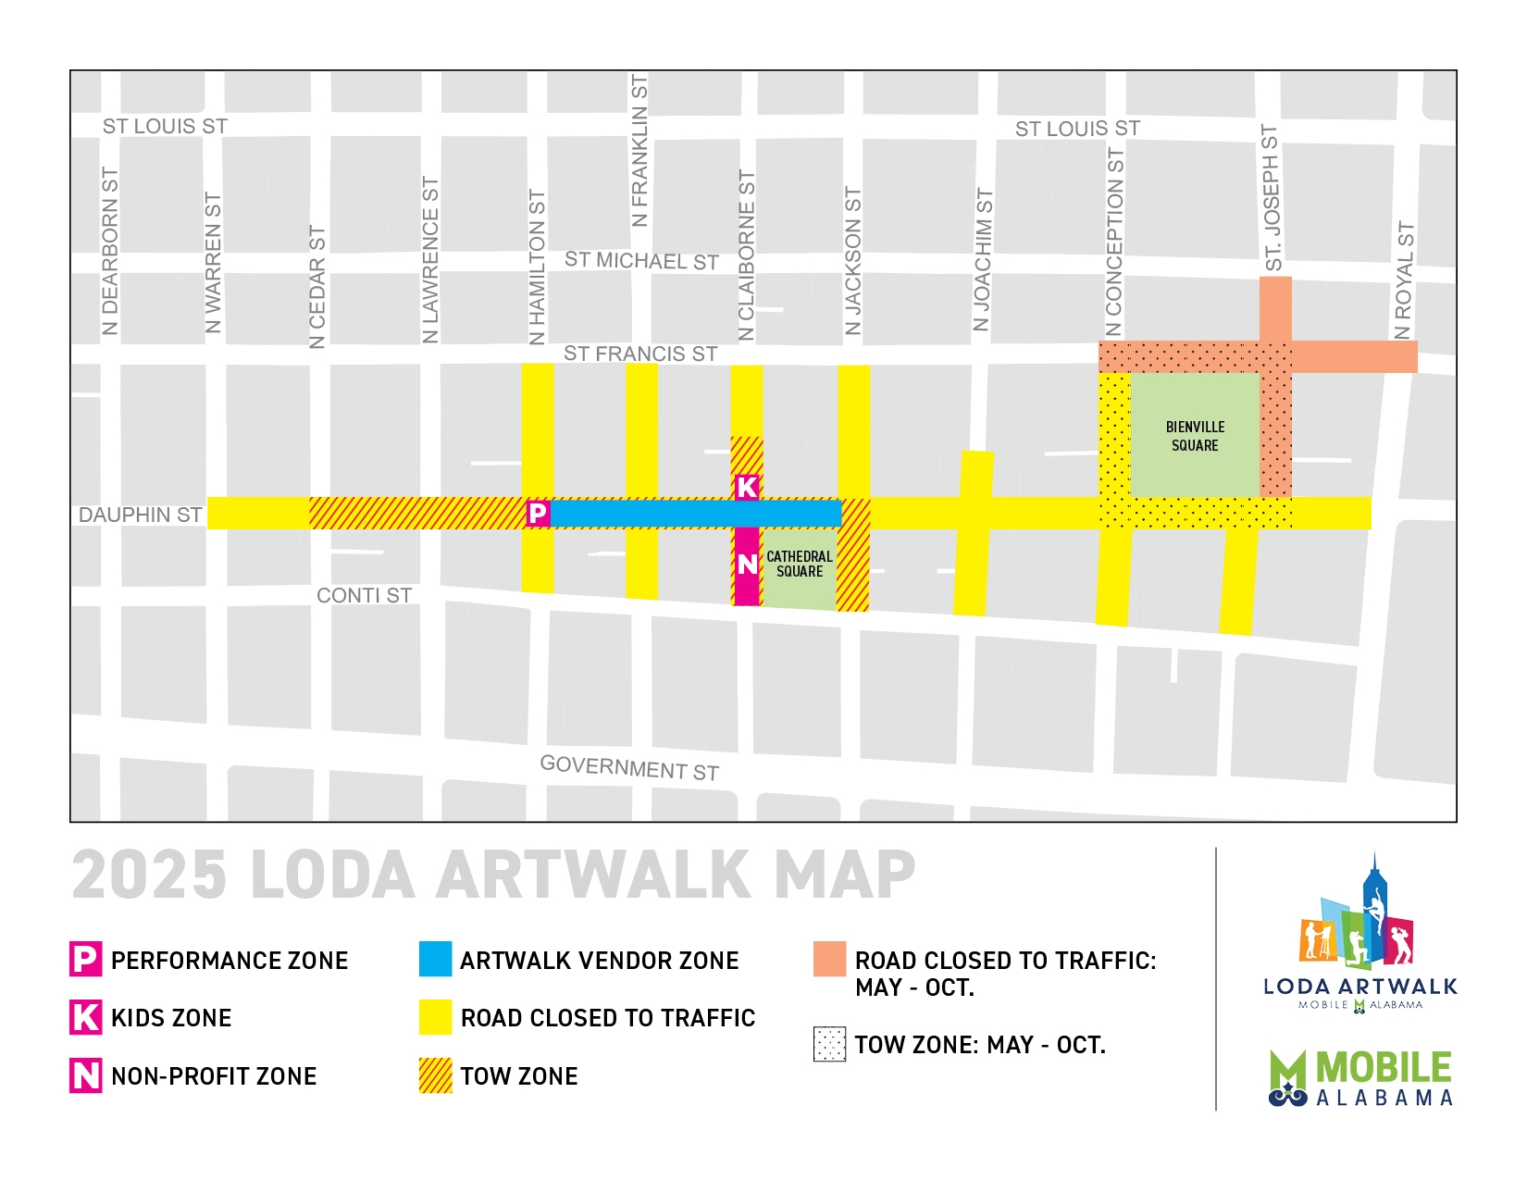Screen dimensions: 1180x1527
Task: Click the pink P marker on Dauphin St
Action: (538, 513)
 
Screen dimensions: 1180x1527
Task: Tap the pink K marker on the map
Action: (747, 487)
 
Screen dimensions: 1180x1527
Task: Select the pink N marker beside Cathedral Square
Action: (747, 564)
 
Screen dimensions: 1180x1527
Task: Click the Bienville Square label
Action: (1195, 436)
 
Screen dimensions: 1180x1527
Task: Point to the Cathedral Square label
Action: (799, 564)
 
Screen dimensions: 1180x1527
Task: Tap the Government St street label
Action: (629, 767)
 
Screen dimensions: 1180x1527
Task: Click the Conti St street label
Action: (364, 595)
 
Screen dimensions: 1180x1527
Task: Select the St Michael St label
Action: (641, 261)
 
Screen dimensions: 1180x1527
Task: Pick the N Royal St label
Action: (1404, 280)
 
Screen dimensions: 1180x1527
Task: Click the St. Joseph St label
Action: (1272, 197)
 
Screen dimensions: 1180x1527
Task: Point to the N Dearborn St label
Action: (110, 251)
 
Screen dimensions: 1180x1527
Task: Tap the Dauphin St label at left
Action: (140, 515)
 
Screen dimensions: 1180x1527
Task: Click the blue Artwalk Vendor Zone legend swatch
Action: (435, 959)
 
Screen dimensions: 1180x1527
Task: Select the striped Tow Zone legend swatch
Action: (435, 1075)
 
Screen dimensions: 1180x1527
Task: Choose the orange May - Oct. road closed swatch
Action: (829, 959)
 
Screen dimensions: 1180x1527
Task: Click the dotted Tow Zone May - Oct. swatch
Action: (829, 1044)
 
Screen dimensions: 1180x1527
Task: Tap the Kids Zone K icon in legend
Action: (85, 1017)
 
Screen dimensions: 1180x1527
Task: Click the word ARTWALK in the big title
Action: (592, 876)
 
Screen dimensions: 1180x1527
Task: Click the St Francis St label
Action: (640, 354)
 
